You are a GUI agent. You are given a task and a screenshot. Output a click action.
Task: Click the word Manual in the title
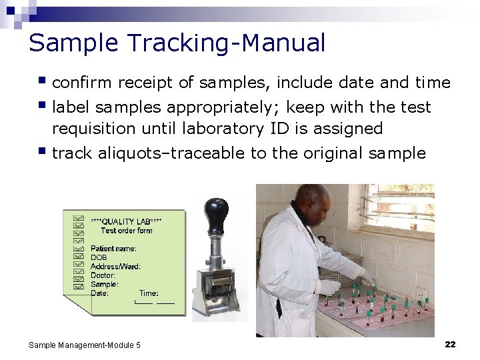pyautogui.click(x=283, y=43)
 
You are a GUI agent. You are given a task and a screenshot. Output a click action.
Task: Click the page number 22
pyautogui.click(x=450, y=344)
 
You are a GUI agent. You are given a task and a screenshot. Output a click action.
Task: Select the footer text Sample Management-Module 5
pyautogui.click(x=85, y=345)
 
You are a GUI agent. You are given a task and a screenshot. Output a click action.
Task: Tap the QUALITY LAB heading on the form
pyautogui.click(x=126, y=221)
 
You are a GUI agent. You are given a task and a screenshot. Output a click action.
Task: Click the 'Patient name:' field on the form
pyautogui.click(x=114, y=249)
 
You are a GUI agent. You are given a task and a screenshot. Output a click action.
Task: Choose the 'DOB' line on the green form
pyautogui.click(x=99, y=257)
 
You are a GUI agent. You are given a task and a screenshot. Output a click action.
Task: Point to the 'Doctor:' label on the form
pyautogui.click(x=103, y=275)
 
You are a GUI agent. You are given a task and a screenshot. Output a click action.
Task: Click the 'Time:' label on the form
pyautogui.click(x=149, y=293)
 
